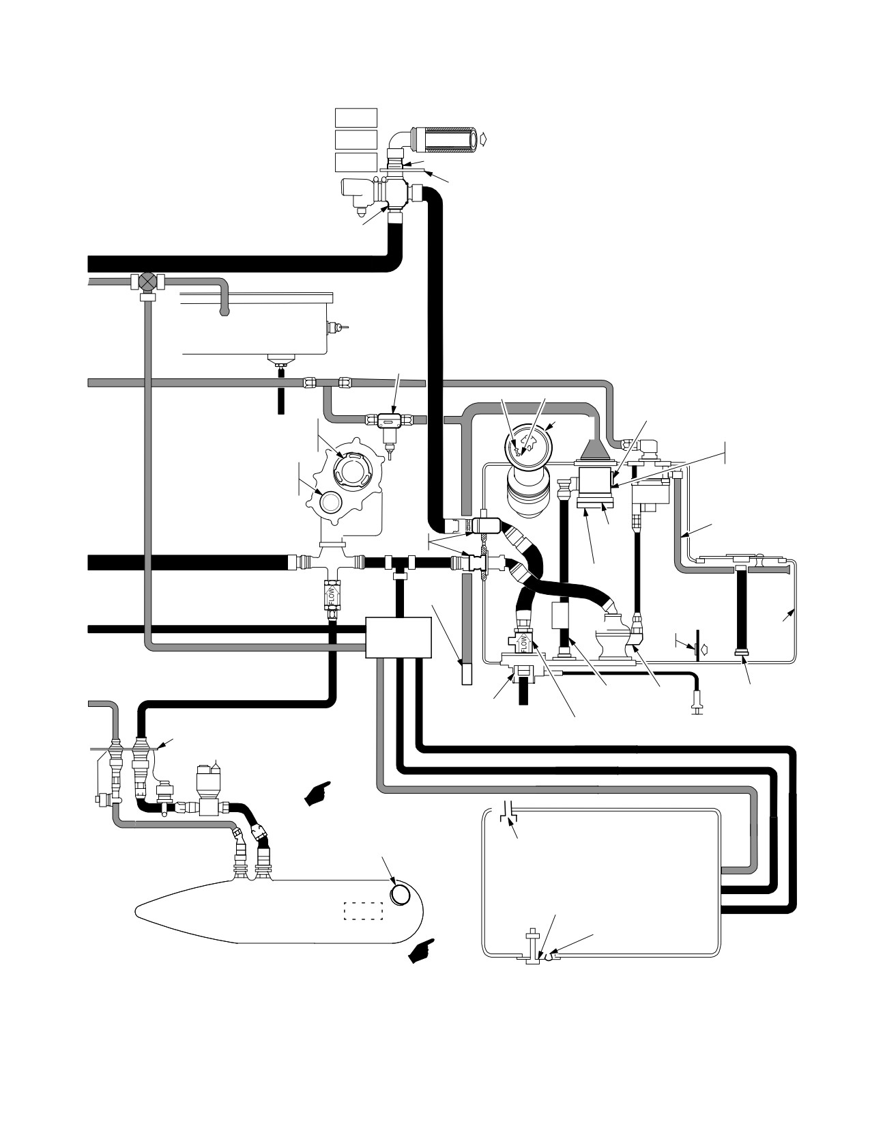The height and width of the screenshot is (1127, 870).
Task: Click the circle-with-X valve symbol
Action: (148, 281)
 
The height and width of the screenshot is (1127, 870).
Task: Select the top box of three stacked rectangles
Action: (356, 117)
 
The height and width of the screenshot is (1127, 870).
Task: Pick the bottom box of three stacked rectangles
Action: (356, 163)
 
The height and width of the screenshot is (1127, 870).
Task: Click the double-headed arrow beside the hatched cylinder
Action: (485, 138)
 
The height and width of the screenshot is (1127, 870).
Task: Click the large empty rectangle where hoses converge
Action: (398, 637)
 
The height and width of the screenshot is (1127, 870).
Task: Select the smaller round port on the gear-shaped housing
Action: (330, 502)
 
